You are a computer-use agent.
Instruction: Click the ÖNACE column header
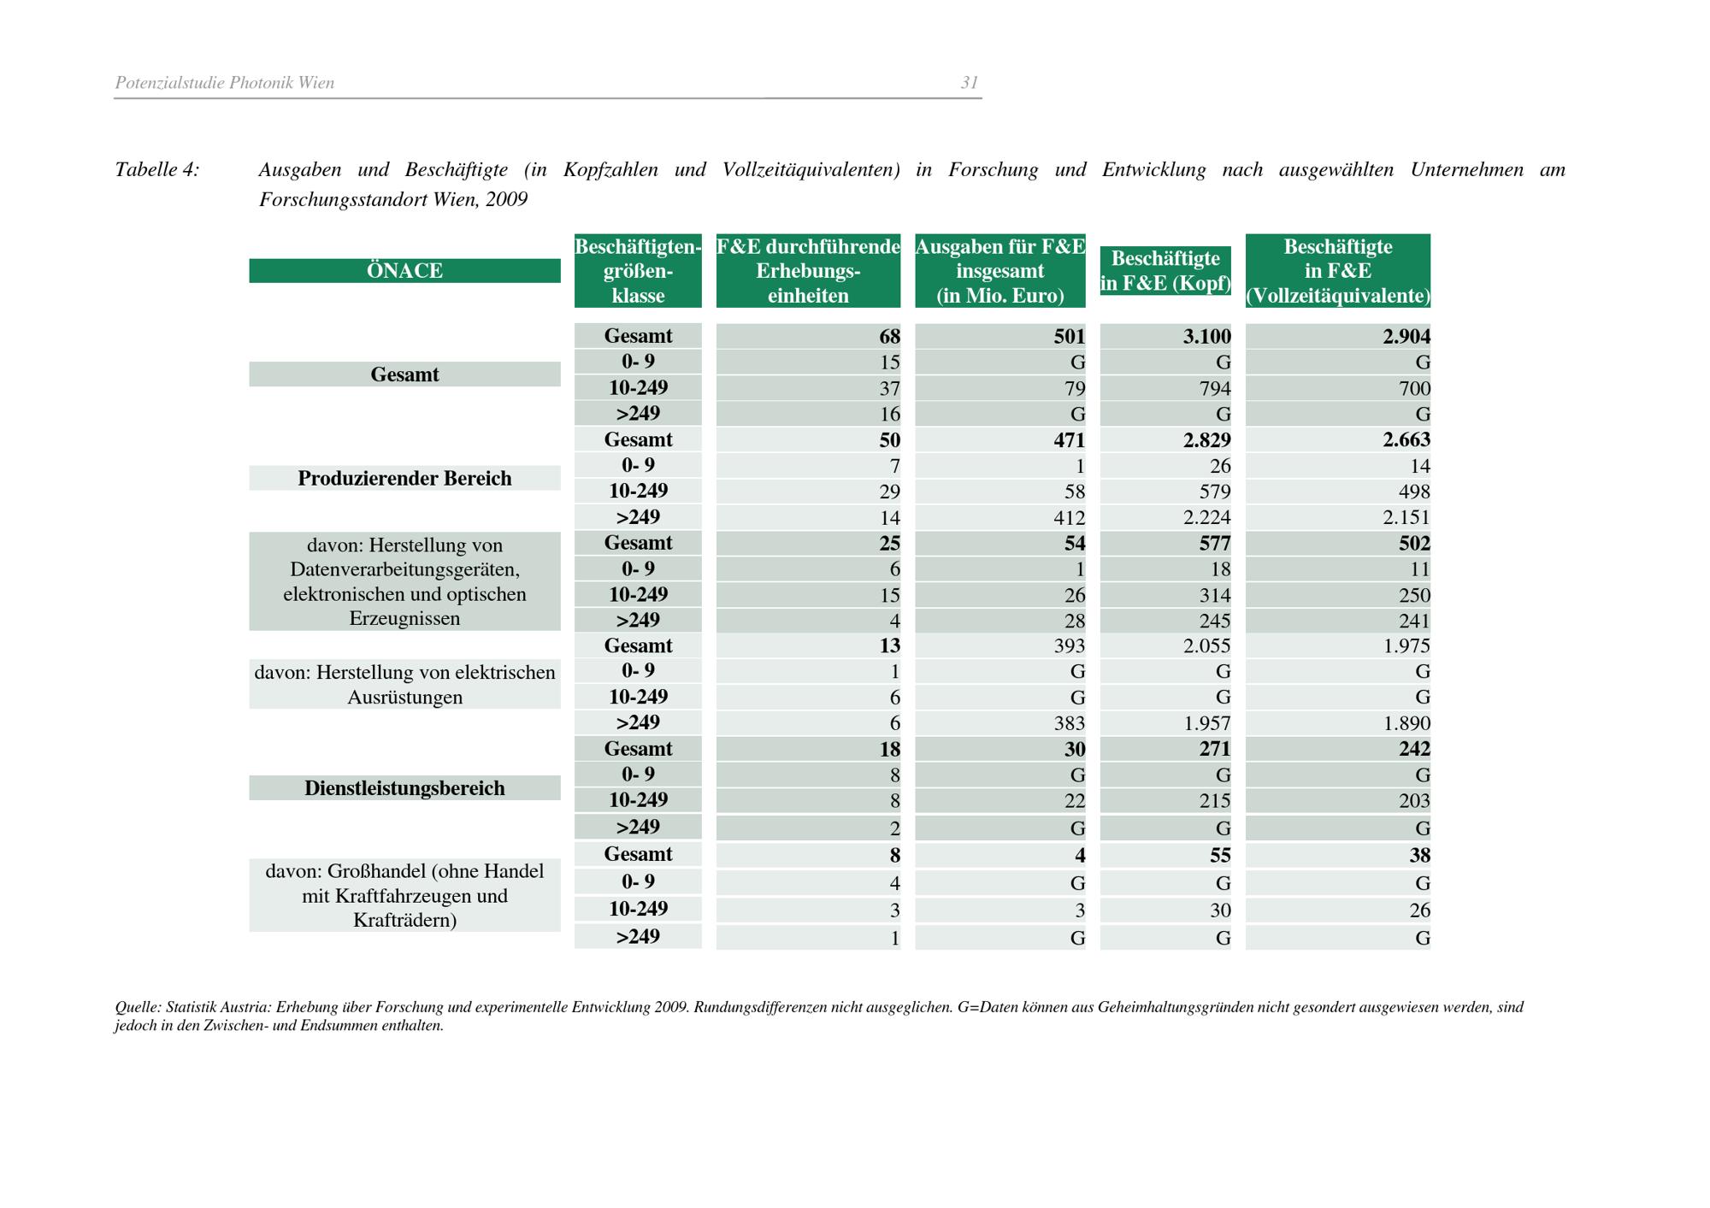click(404, 271)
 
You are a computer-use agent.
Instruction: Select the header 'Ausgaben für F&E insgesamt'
click(999, 271)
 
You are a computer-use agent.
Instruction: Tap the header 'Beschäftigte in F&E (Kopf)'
click(1165, 271)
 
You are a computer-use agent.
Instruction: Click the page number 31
click(969, 83)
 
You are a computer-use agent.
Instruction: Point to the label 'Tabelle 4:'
click(157, 170)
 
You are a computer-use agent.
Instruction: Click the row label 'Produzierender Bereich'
click(404, 478)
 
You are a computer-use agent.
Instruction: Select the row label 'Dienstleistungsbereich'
click(404, 788)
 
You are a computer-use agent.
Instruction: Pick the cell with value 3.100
click(1206, 337)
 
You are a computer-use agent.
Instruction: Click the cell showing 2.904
click(1406, 337)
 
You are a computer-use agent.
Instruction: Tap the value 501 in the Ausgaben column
click(1069, 337)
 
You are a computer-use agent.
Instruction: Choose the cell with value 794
click(1213, 389)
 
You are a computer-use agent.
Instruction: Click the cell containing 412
click(1069, 518)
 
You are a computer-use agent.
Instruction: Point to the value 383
click(1069, 723)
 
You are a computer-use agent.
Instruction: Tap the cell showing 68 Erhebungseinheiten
click(889, 337)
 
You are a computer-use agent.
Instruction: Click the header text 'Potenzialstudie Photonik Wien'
click(225, 83)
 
